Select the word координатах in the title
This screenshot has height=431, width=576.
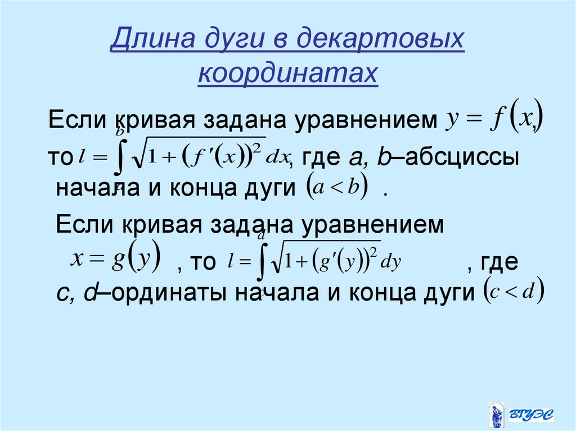tap(288, 74)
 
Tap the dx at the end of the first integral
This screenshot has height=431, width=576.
tap(277, 158)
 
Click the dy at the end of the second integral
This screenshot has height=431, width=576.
tap(390, 262)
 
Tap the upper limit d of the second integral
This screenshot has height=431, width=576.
tap(260, 235)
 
